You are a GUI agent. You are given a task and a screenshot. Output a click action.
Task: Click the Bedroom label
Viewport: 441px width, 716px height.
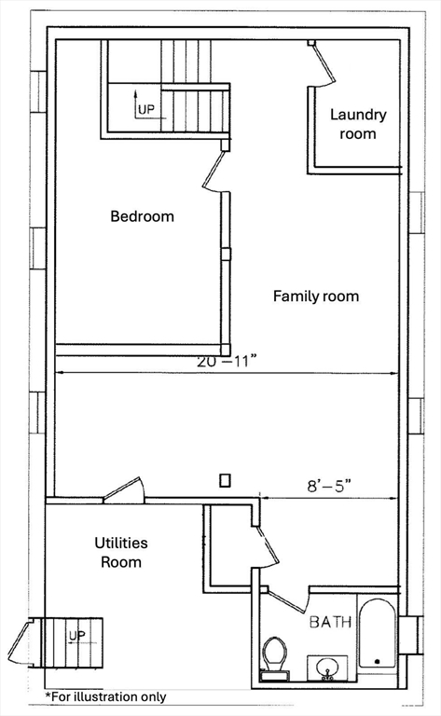tap(142, 216)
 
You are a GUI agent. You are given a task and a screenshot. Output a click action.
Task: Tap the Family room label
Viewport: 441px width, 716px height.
tap(316, 296)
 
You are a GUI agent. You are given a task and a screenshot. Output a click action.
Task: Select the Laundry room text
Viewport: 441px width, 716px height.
tap(358, 124)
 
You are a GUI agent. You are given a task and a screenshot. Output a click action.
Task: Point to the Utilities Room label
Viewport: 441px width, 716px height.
tap(121, 552)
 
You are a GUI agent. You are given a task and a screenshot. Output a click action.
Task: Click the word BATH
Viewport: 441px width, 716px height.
tap(331, 622)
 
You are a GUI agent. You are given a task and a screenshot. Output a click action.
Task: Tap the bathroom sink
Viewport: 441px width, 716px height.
tap(327, 668)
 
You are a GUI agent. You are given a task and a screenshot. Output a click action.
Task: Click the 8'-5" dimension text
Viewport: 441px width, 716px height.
tap(331, 486)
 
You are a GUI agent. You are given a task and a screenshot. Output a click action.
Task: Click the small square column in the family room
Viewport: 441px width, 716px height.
tap(225, 480)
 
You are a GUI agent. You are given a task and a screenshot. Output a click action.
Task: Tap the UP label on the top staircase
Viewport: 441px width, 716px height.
tap(146, 110)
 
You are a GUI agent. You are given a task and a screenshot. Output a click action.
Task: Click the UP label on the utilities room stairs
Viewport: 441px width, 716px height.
tap(76, 635)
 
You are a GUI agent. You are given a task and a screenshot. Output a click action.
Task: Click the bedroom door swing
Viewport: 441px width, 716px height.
tap(215, 172)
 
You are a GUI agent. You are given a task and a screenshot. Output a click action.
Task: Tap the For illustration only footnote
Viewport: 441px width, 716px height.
tap(105, 696)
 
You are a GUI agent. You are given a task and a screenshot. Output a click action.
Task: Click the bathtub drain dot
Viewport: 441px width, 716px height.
tap(377, 661)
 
